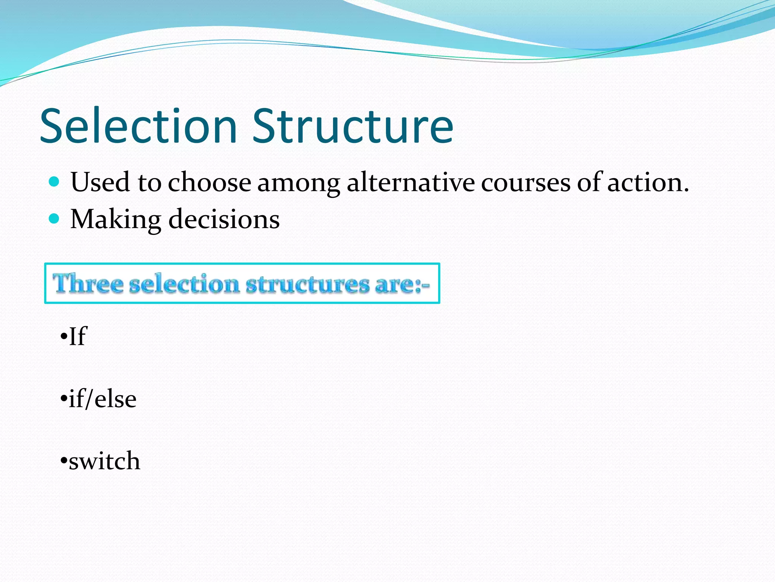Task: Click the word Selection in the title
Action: click(x=138, y=126)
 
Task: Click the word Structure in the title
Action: click(x=353, y=126)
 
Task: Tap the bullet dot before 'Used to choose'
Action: click(x=54, y=182)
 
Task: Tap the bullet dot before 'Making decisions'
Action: click(x=54, y=219)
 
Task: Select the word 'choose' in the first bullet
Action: click(x=209, y=183)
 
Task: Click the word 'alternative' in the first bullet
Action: click(x=411, y=183)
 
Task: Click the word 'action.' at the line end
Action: click(x=648, y=183)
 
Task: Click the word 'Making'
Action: click(x=116, y=220)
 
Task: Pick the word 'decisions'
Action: click(x=224, y=219)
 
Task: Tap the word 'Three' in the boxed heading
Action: click(x=88, y=284)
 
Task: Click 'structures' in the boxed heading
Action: click(x=307, y=285)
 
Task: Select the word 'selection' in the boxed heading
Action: click(x=184, y=284)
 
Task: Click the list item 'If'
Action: click(x=78, y=336)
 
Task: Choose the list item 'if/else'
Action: click(x=102, y=399)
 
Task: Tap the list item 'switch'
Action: click(x=104, y=461)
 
